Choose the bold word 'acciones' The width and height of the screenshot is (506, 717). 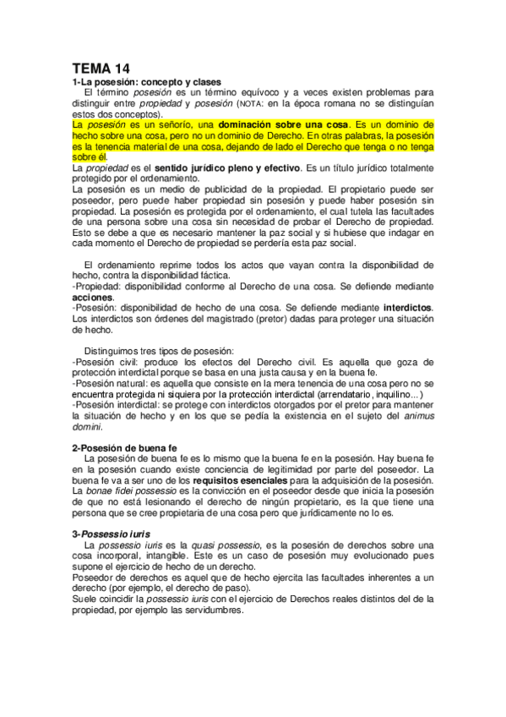click(92, 298)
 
